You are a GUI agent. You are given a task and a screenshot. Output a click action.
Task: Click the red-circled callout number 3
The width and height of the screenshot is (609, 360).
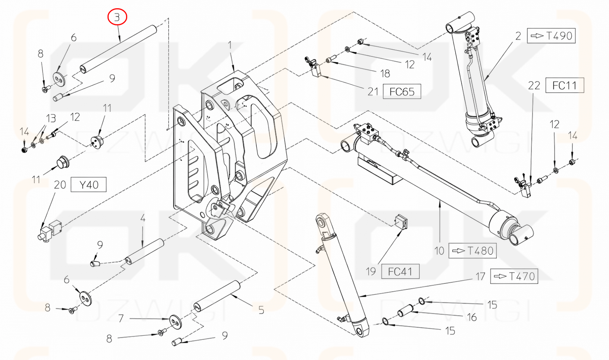(117, 17)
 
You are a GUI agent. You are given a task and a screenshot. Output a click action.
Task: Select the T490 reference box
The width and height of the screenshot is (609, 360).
(551, 35)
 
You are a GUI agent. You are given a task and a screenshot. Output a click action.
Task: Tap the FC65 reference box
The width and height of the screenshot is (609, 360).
(402, 91)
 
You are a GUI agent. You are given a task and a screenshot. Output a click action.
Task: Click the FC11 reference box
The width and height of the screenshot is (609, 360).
(565, 86)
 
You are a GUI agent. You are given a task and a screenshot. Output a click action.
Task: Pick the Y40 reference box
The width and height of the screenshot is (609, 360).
(89, 185)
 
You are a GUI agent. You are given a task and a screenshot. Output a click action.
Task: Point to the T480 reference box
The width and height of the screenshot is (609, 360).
(472, 251)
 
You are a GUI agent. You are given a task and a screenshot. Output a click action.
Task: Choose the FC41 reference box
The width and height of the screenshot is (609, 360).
(400, 271)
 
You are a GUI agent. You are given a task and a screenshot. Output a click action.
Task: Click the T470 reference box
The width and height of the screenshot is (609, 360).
(514, 276)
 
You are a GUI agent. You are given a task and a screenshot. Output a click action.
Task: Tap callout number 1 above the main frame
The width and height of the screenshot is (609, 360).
(230, 45)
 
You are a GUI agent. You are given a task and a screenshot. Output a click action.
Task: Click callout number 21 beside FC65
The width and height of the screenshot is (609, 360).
(373, 92)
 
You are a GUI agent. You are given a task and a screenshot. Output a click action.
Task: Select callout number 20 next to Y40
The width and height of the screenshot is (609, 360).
(60, 185)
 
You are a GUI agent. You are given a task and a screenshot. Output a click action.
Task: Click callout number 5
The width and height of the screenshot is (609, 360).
(261, 310)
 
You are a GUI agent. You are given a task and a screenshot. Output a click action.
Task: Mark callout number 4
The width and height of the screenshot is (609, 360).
(143, 218)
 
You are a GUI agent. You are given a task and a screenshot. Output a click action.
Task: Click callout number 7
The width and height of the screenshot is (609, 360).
(121, 318)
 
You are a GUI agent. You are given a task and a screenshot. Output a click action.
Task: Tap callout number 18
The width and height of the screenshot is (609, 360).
(385, 74)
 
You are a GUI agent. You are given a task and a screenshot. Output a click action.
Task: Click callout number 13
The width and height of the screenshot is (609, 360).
(51, 119)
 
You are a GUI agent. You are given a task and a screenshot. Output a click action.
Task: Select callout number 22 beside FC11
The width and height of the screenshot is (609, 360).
(534, 86)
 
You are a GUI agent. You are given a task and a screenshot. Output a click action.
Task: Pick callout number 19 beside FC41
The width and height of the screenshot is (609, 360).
(371, 271)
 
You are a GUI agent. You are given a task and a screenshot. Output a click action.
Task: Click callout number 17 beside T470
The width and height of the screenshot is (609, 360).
(480, 276)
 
